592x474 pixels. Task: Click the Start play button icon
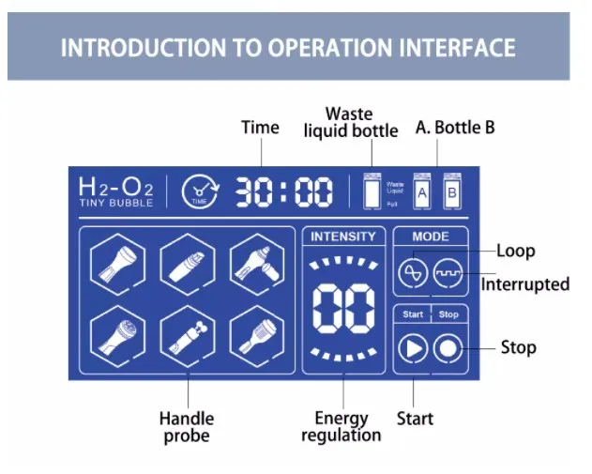coord(412,348)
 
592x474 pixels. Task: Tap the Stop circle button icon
coord(448,348)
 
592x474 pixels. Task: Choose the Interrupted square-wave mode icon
coord(448,273)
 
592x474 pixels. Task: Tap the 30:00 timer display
coord(283,192)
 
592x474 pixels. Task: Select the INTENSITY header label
coord(343,237)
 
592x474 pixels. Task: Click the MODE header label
coord(431,237)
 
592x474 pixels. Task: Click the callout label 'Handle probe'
coord(187,427)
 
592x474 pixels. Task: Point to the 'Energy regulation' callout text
coord(342,426)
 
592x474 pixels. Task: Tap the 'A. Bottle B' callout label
coord(455,128)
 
